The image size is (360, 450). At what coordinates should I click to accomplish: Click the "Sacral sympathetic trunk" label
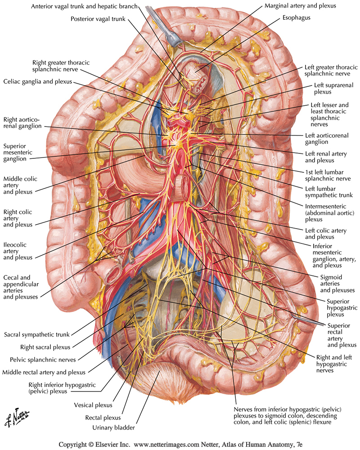pos(36,335)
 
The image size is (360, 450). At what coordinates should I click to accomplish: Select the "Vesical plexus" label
pos(93,405)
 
